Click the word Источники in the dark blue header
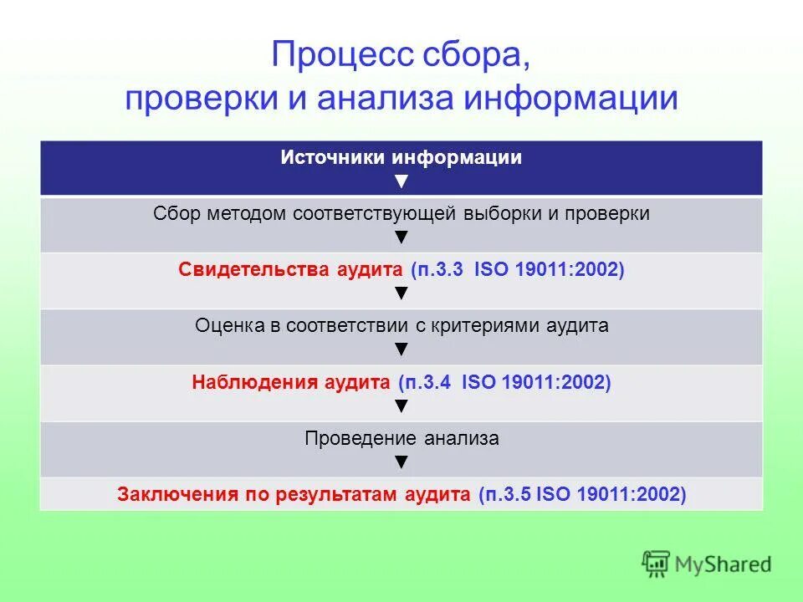tap(333, 158)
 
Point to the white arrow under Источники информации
tap(401, 181)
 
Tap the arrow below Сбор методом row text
tap(401, 237)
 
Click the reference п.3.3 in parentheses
tap(440, 271)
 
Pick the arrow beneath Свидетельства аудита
tap(401, 293)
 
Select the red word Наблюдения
tap(246, 383)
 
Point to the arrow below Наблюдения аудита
tap(401, 406)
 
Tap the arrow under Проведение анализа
tap(401, 461)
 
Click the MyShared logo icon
tap(657, 564)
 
